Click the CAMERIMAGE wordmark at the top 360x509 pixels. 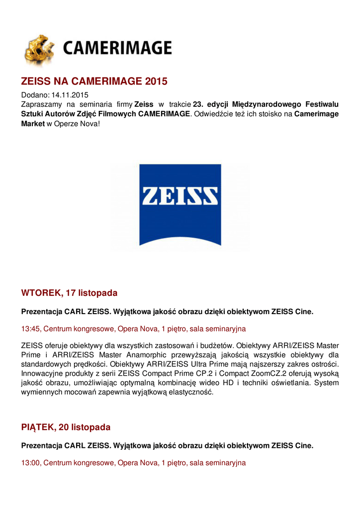point(117,48)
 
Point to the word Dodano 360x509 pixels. point(35,95)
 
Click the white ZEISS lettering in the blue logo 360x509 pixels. point(180,195)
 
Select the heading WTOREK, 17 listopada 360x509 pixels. point(69,293)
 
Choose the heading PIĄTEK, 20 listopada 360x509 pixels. point(66,427)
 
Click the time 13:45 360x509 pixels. point(30,329)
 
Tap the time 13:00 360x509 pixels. point(30,463)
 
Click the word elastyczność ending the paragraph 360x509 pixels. point(191,392)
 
